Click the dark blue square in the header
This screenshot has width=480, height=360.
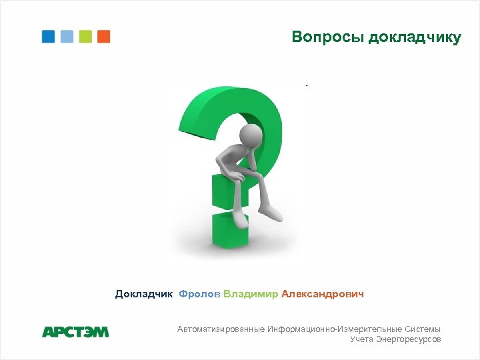pyautogui.click(x=48, y=37)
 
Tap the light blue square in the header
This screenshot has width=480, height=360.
pyautogui.click(x=67, y=37)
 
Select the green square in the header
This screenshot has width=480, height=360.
pyautogui.click(x=85, y=37)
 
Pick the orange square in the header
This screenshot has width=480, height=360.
pyautogui.click(x=103, y=37)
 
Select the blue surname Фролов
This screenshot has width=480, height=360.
pyautogui.click(x=199, y=294)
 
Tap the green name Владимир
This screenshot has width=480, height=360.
pyautogui.click(x=251, y=294)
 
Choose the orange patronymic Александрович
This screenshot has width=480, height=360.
pyautogui.click(x=323, y=294)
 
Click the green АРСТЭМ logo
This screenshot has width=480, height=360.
pyautogui.click(x=75, y=331)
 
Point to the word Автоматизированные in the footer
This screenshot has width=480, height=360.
pyautogui.click(x=221, y=329)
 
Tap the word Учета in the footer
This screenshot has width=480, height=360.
pyautogui.click(x=362, y=339)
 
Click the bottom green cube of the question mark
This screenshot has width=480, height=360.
pyautogui.click(x=230, y=230)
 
